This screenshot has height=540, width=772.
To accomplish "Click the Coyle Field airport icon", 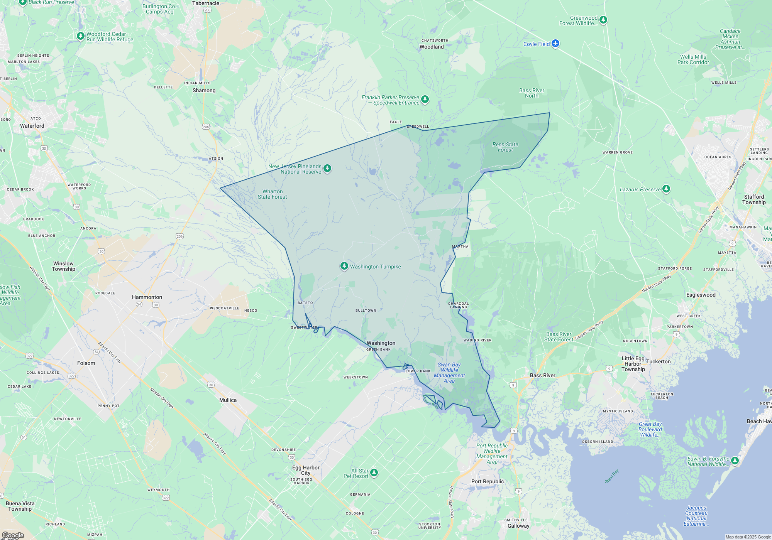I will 555,43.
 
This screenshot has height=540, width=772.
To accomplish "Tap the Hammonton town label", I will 147,297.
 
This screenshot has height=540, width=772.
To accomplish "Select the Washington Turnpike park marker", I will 344,266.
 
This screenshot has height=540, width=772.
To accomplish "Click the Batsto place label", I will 305,303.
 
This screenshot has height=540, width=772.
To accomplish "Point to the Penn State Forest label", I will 505,147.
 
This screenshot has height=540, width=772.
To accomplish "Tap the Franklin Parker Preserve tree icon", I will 425,100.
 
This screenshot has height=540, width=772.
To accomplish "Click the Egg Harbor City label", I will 306,470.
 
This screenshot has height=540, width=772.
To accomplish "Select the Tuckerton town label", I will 658,361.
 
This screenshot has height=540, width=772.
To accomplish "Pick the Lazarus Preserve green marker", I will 666,189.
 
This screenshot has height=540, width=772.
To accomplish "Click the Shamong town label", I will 204,90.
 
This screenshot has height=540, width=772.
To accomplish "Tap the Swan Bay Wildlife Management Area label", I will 449,373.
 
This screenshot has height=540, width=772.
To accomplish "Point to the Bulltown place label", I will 366,310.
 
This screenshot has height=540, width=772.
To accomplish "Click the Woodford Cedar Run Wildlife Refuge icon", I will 80,36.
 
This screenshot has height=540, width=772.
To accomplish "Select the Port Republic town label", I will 488,481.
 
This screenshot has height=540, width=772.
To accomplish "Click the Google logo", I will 13,535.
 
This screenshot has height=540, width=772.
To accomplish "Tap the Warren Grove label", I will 617,152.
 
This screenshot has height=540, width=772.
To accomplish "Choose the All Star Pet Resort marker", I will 374,473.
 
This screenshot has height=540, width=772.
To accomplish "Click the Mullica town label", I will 228,400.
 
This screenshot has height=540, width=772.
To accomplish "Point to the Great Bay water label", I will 611,476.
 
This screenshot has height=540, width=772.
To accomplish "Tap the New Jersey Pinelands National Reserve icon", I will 327,169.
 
